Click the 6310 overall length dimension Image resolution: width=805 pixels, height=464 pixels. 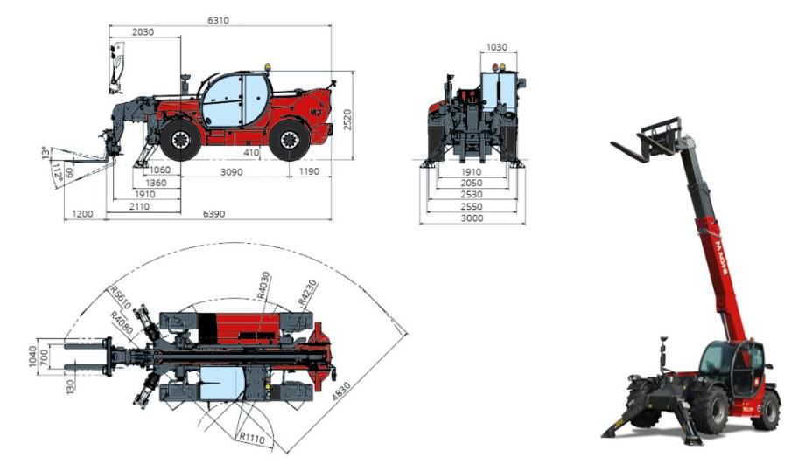pos(218,20)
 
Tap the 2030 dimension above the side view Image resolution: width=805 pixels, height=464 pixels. pos(143,31)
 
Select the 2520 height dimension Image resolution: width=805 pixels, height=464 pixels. pos(347,120)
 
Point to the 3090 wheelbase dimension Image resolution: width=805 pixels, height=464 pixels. pos(232,172)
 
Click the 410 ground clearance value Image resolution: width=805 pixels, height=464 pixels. pos(251,152)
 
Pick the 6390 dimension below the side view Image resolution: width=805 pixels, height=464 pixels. pos(214,214)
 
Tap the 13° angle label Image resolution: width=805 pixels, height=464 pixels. pos(46,153)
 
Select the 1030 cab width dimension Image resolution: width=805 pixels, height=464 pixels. pos(496,47)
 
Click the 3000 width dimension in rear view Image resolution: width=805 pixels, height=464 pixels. pos(472,218)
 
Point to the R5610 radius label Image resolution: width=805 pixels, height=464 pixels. pos(121,298)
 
